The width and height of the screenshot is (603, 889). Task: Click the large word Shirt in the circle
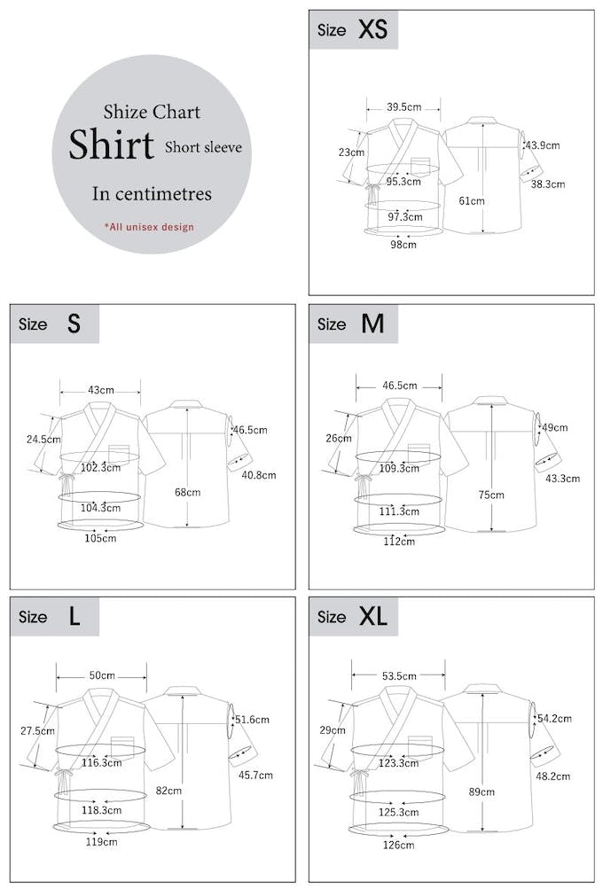(112, 145)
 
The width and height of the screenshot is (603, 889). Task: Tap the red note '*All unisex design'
(149, 227)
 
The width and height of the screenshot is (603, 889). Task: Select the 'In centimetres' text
(152, 194)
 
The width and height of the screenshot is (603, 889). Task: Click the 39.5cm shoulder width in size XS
(403, 107)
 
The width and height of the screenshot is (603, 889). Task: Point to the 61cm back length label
(472, 200)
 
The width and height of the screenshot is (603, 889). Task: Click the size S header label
(54, 324)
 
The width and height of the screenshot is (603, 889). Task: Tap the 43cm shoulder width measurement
(100, 390)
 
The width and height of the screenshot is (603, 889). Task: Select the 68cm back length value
(187, 492)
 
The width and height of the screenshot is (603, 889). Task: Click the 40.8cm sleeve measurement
(258, 475)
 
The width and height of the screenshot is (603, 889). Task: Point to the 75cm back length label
(491, 495)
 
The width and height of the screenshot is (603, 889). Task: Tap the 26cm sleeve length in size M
(339, 438)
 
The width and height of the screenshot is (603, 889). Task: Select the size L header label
(54, 617)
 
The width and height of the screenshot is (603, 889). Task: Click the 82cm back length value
(168, 790)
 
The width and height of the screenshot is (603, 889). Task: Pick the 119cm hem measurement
(100, 842)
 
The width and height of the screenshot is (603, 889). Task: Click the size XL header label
(353, 617)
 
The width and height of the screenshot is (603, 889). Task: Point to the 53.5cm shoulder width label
(399, 676)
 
